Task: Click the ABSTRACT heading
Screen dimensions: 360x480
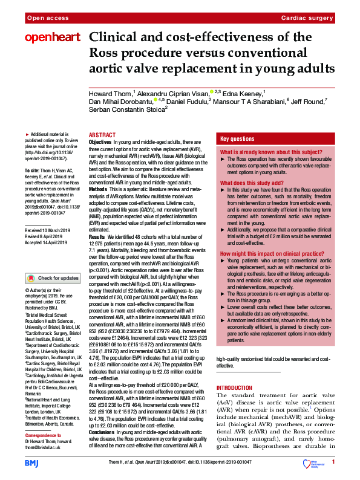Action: point(102,136)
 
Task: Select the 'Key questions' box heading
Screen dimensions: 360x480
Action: point(238,138)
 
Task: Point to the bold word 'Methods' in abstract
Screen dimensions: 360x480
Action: point(99,190)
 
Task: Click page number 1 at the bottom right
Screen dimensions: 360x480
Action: point(333,462)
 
